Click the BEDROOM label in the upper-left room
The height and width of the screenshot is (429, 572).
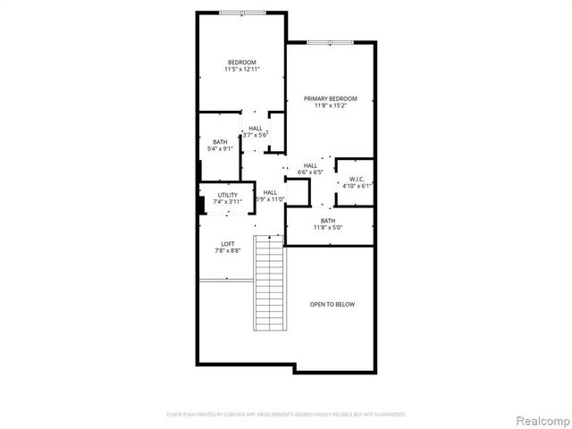tap(241, 62)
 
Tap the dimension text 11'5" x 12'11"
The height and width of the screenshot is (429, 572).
tap(241, 70)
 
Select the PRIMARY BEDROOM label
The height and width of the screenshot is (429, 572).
tap(330, 98)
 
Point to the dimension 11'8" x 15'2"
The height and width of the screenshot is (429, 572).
tap(330, 106)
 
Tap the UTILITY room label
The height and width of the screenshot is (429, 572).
tap(227, 194)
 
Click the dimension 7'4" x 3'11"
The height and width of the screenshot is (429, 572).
tap(227, 202)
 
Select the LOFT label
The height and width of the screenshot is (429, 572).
tap(228, 244)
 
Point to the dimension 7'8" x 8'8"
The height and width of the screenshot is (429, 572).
tap(228, 252)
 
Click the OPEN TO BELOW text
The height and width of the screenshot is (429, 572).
tap(332, 305)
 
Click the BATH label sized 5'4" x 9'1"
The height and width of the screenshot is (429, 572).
tap(219, 141)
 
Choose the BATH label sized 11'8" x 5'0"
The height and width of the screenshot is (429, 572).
tap(328, 220)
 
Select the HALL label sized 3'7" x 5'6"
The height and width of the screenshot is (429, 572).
tap(256, 128)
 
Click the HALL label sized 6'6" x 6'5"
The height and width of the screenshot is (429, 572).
tap(310, 165)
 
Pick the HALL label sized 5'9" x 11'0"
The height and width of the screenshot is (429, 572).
tap(269, 192)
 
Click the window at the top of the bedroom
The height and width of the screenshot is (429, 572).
tap(241, 12)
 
